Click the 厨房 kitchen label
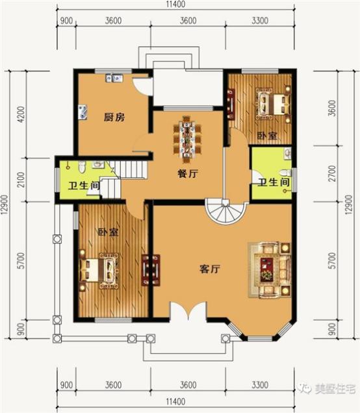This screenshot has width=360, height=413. (114, 118)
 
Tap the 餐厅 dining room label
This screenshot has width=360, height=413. (188, 174)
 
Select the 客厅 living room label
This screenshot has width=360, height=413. (209, 269)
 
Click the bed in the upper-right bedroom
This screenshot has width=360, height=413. (272, 103)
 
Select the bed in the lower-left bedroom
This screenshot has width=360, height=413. (99, 269)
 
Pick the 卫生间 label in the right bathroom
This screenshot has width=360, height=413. (274, 182)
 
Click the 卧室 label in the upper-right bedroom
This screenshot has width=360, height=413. (266, 136)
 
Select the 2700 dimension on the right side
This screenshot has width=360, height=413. (332, 175)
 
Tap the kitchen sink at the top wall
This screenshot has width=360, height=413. (115, 79)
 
